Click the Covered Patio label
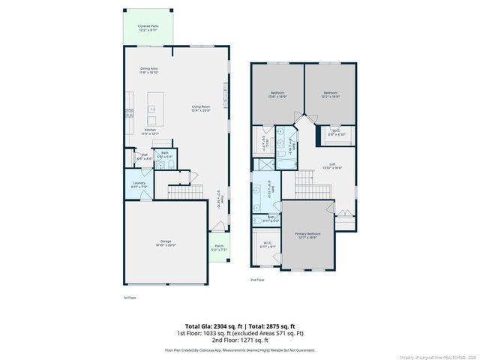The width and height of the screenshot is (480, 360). pyautogui.click(x=147, y=28)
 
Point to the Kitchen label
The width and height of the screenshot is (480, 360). pyautogui.click(x=149, y=130)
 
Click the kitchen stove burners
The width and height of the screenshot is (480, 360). pyautogui.click(x=129, y=114)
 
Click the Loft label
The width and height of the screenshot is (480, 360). pyautogui.click(x=331, y=166)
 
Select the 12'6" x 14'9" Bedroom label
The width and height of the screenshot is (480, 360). pyautogui.click(x=277, y=94)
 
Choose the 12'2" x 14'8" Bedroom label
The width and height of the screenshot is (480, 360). pyautogui.click(x=330, y=94)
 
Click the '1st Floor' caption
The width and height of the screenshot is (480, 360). pyautogui.click(x=130, y=298)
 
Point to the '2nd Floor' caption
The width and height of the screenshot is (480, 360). pyautogui.click(x=257, y=279)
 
